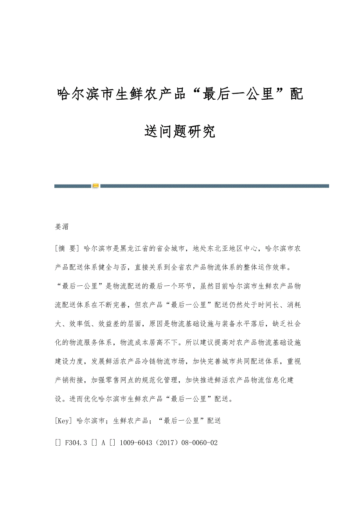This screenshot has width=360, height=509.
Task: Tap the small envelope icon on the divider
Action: (95, 186)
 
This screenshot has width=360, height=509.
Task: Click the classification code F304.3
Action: (77, 443)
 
